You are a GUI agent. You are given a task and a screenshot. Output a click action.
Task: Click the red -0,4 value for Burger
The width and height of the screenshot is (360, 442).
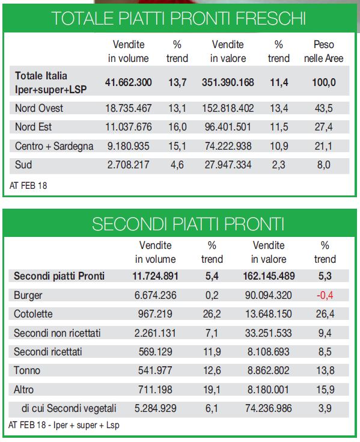[x=325, y=295]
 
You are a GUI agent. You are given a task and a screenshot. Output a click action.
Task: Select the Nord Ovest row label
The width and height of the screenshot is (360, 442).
[x=39, y=108]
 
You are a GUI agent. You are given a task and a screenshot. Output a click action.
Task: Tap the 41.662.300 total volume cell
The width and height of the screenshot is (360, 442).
[x=128, y=82]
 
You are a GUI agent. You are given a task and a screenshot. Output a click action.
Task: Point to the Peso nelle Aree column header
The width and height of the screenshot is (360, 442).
[x=324, y=51]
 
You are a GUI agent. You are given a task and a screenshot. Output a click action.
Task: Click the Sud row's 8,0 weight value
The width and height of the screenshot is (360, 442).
[x=324, y=165]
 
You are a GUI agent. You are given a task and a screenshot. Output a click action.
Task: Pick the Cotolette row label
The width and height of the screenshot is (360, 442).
[x=33, y=314]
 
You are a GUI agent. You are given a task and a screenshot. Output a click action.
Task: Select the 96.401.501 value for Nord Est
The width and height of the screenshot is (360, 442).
[x=228, y=127]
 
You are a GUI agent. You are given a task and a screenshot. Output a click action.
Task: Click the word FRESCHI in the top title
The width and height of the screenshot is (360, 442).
[x=270, y=18]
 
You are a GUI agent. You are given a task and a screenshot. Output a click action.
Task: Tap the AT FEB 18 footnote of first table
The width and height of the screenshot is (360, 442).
[x=28, y=186]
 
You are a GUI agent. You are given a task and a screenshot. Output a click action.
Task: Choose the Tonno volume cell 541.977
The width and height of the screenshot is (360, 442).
[x=155, y=370]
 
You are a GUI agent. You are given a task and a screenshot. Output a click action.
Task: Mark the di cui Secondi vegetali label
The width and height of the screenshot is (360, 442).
[x=69, y=408]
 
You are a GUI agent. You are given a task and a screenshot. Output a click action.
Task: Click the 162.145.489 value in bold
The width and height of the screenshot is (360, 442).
[x=269, y=276]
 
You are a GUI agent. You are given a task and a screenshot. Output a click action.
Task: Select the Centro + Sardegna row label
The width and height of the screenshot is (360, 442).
[x=54, y=146]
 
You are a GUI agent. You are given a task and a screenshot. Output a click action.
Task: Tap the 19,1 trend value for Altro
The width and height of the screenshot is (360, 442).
[x=212, y=390]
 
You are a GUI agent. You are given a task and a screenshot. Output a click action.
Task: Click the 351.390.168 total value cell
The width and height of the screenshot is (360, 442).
[x=228, y=82]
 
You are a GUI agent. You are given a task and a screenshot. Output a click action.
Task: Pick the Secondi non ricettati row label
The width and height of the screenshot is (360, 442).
[x=57, y=333]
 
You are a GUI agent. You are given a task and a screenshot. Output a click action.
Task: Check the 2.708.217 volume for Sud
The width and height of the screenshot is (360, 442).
[x=128, y=165]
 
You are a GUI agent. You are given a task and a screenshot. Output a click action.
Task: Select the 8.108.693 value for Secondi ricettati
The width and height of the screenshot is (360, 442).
[x=269, y=352]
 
